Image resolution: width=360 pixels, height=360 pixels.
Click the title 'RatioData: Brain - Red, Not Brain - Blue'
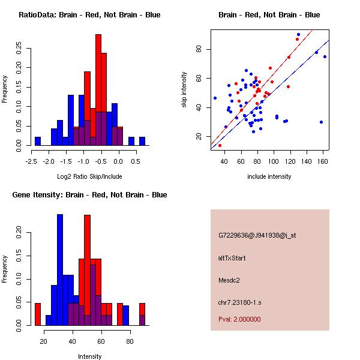click(x=89, y=15)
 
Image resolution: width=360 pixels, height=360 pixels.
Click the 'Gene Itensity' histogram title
click(x=89, y=195)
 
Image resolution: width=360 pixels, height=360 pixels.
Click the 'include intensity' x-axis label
click(x=269, y=176)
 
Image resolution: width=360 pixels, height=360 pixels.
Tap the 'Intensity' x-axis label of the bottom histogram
click(x=89, y=356)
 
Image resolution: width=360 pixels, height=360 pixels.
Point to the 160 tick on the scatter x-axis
click(x=324, y=161)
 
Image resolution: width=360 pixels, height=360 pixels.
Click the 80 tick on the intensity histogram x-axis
click(x=130, y=341)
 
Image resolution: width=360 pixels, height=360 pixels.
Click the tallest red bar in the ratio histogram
click(x=98, y=90)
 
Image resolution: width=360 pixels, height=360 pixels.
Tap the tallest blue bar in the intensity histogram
click(x=60, y=270)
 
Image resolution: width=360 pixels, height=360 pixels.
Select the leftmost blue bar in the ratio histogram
click(x=37, y=141)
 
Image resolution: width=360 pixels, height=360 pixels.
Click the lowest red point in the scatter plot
click(x=220, y=145)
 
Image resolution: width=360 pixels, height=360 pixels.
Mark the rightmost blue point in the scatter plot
click(x=325, y=57)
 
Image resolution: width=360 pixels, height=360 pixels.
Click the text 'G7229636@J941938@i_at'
click(x=257, y=235)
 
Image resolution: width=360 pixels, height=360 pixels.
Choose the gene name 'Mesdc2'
click(x=229, y=280)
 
